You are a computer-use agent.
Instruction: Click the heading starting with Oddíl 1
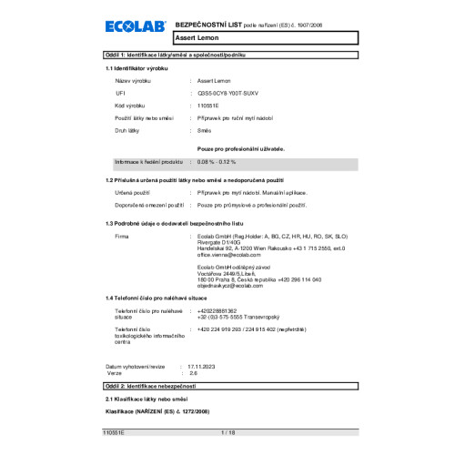point(180,56)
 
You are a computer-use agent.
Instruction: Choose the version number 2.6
point(192,371)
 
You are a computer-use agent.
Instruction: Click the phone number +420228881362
point(217,336)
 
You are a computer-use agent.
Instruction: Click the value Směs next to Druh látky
point(205,131)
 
